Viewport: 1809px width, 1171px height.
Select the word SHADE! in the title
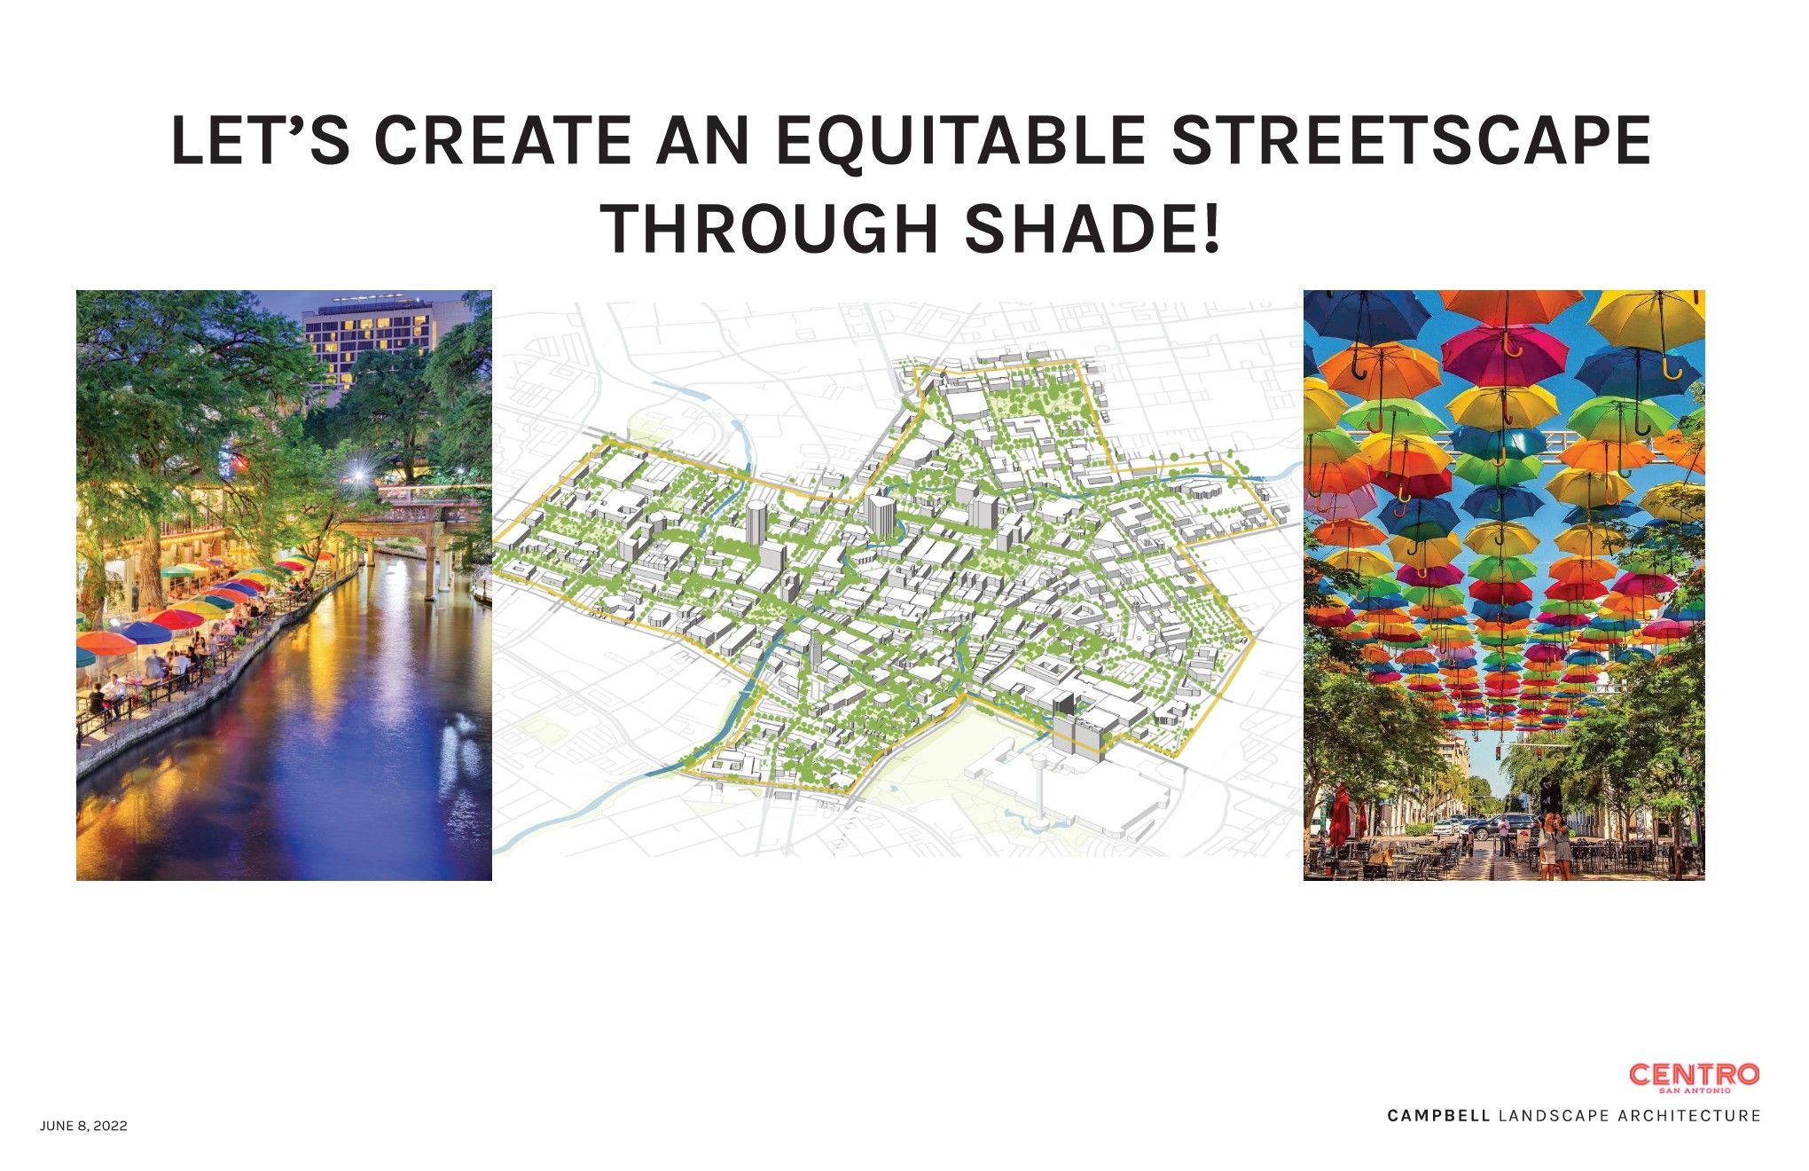1092,229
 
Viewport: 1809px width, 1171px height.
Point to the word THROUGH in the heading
770,229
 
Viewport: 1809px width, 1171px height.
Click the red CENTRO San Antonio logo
1694,1077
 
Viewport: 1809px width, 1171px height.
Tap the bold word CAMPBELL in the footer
1438,1116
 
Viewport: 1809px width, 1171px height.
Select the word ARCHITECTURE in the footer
1689,1116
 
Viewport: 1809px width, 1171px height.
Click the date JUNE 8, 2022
83,1127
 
